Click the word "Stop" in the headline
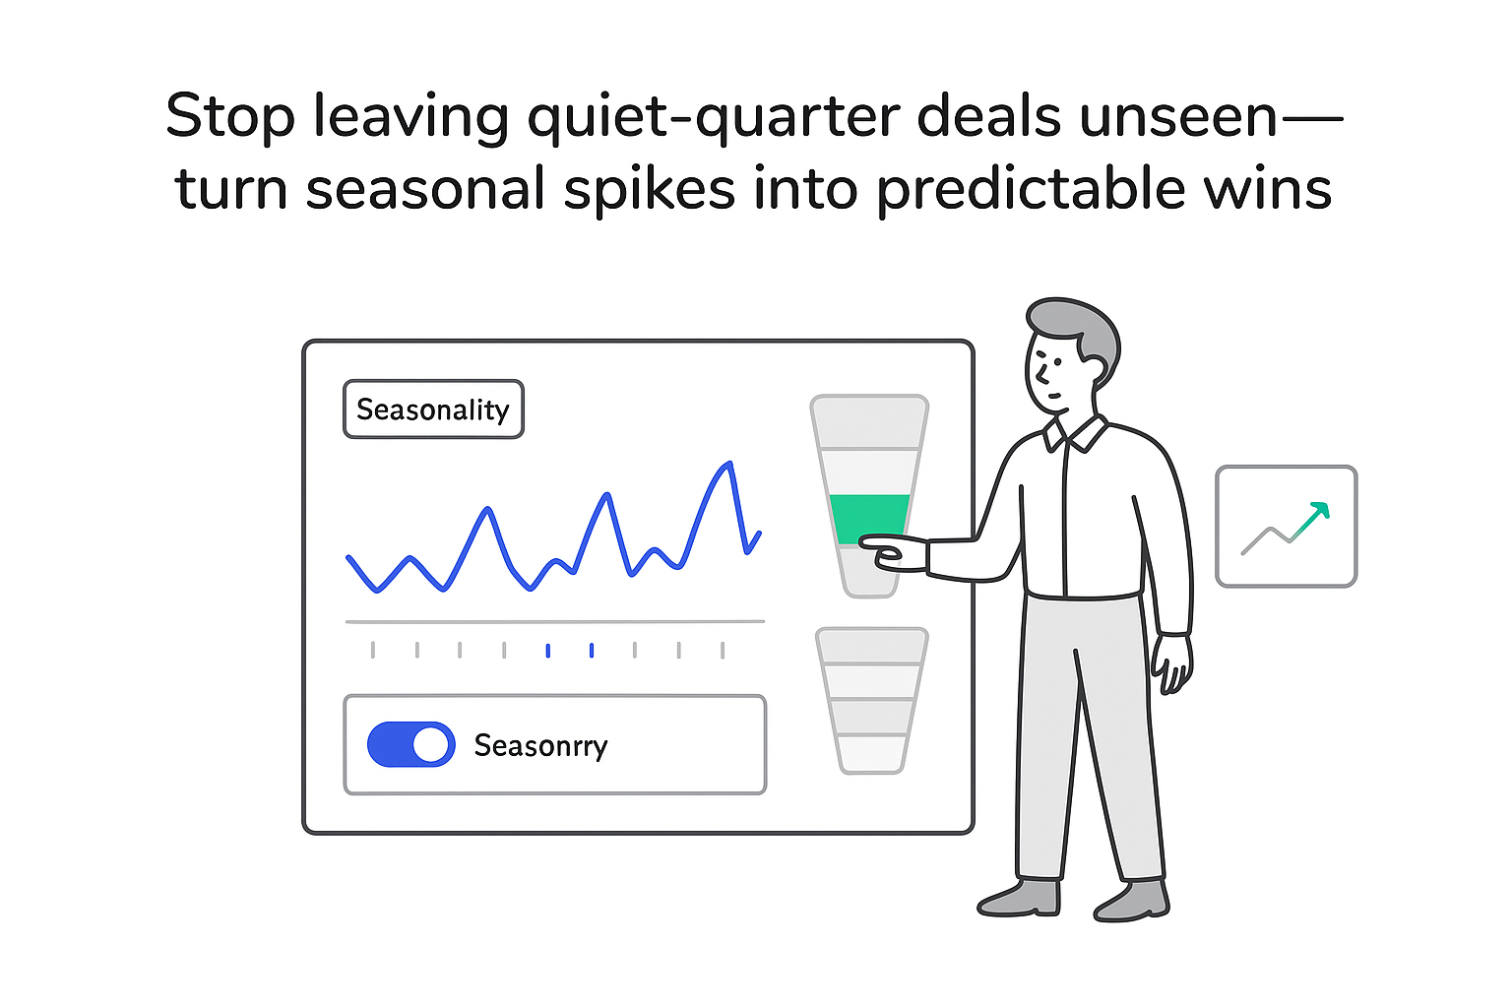pos(229,117)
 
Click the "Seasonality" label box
pos(433,409)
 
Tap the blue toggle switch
pos(410,745)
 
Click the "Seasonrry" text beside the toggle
pos(540,746)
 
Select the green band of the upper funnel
pos(868,518)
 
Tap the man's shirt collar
pos(1078,431)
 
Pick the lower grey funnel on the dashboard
pos(871,700)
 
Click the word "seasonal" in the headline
pos(425,190)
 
